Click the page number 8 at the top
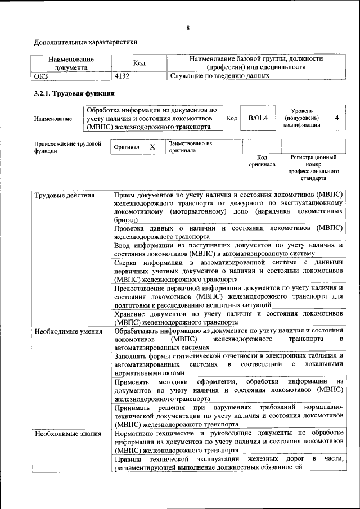[x=188, y=28]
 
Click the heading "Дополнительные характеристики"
[x=85, y=42]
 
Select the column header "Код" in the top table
[x=139, y=63]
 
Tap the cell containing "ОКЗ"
[x=42, y=75]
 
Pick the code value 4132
[x=123, y=75]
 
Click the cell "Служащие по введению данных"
[x=217, y=75]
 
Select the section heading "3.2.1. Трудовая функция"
[x=74, y=94]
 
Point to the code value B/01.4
[x=258, y=118]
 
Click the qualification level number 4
[x=336, y=118]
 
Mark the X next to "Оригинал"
[x=152, y=147]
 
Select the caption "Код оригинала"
[x=262, y=161]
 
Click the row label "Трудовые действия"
[x=64, y=196]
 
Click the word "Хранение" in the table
[x=132, y=314]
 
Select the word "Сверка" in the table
[x=126, y=263]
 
